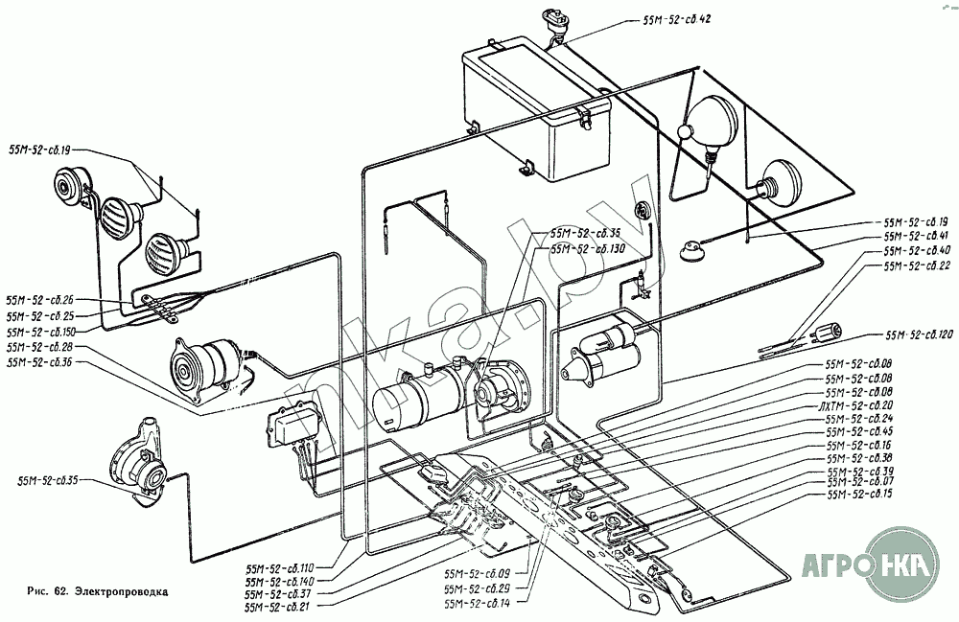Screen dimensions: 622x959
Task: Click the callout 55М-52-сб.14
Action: tap(478, 602)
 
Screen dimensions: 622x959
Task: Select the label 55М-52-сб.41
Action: tap(916, 236)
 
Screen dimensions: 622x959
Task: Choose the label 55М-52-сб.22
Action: tap(916, 266)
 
